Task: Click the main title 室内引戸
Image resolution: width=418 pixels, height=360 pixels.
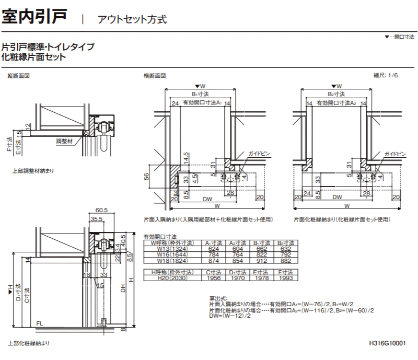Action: coord(34,17)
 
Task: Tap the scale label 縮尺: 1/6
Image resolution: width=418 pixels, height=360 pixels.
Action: coord(386,76)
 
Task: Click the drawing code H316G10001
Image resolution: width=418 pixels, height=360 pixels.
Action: coord(387,343)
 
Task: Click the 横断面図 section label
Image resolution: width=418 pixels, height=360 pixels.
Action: coord(155,76)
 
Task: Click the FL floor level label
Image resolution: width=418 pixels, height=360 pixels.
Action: coord(39,323)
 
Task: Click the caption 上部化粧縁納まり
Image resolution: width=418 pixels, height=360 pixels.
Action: coord(29,343)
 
